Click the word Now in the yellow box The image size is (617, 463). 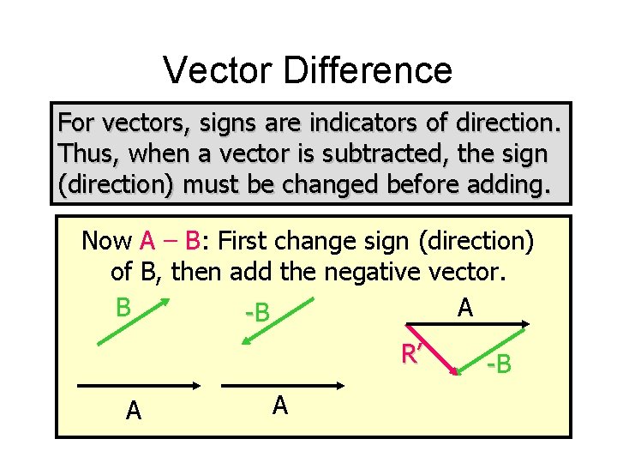pos(106,241)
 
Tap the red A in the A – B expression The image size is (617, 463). pos(147,241)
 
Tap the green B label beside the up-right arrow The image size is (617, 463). pos(123,307)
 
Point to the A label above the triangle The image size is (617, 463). pos(464,307)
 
